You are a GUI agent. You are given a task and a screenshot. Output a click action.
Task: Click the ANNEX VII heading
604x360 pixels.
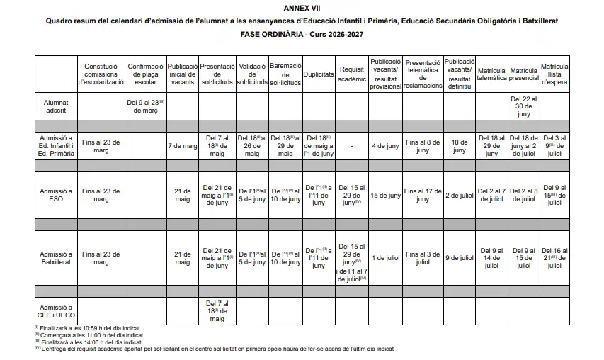tap(302, 6)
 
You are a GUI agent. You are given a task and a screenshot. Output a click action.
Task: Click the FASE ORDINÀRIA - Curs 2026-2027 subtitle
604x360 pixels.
tap(302, 35)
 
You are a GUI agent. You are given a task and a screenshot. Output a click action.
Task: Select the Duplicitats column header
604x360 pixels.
tap(319, 74)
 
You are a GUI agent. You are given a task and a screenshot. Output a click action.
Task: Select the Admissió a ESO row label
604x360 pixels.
tap(56, 196)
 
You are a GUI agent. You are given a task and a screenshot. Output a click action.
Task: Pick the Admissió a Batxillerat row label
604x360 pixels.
tap(56, 258)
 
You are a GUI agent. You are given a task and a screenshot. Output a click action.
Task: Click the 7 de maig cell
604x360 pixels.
tap(183, 146)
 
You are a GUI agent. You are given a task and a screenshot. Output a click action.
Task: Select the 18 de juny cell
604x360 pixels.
tap(460, 146)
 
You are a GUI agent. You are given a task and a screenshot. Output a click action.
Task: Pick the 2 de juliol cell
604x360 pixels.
tap(460, 196)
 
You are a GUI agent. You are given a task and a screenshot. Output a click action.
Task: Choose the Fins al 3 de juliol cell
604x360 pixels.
tap(423, 258)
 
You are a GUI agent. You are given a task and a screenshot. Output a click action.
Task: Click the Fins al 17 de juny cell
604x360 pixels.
tap(423, 196)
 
